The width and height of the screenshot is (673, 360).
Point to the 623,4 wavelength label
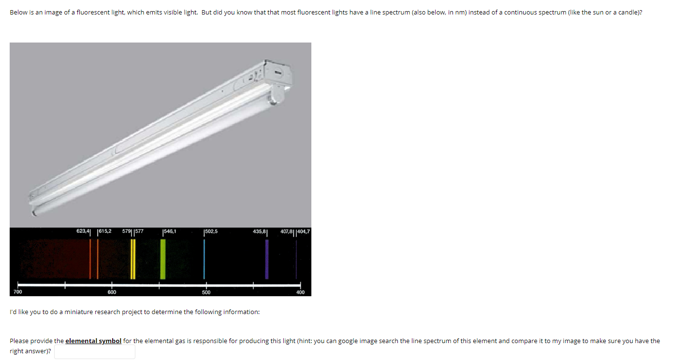pos(83,231)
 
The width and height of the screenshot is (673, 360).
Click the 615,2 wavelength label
pos(105,231)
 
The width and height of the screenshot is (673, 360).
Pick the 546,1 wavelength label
pos(170,231)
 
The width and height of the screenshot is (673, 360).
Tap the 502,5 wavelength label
pos(212,231)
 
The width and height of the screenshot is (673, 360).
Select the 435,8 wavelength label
pos(259,231)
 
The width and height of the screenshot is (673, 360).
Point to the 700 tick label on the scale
pos(17,292)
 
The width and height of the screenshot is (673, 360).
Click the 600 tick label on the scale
pos(112,292)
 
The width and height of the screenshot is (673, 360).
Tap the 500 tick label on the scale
pos(206,292)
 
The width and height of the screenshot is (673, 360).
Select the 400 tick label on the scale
pos(300,292)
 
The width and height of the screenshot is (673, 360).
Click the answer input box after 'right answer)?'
pos(95,352)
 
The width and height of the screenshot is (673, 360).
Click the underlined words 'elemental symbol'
pos(93,341)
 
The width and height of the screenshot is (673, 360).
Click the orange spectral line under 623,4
pos(90,259)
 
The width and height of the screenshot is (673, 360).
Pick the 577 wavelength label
pos(139,231)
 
